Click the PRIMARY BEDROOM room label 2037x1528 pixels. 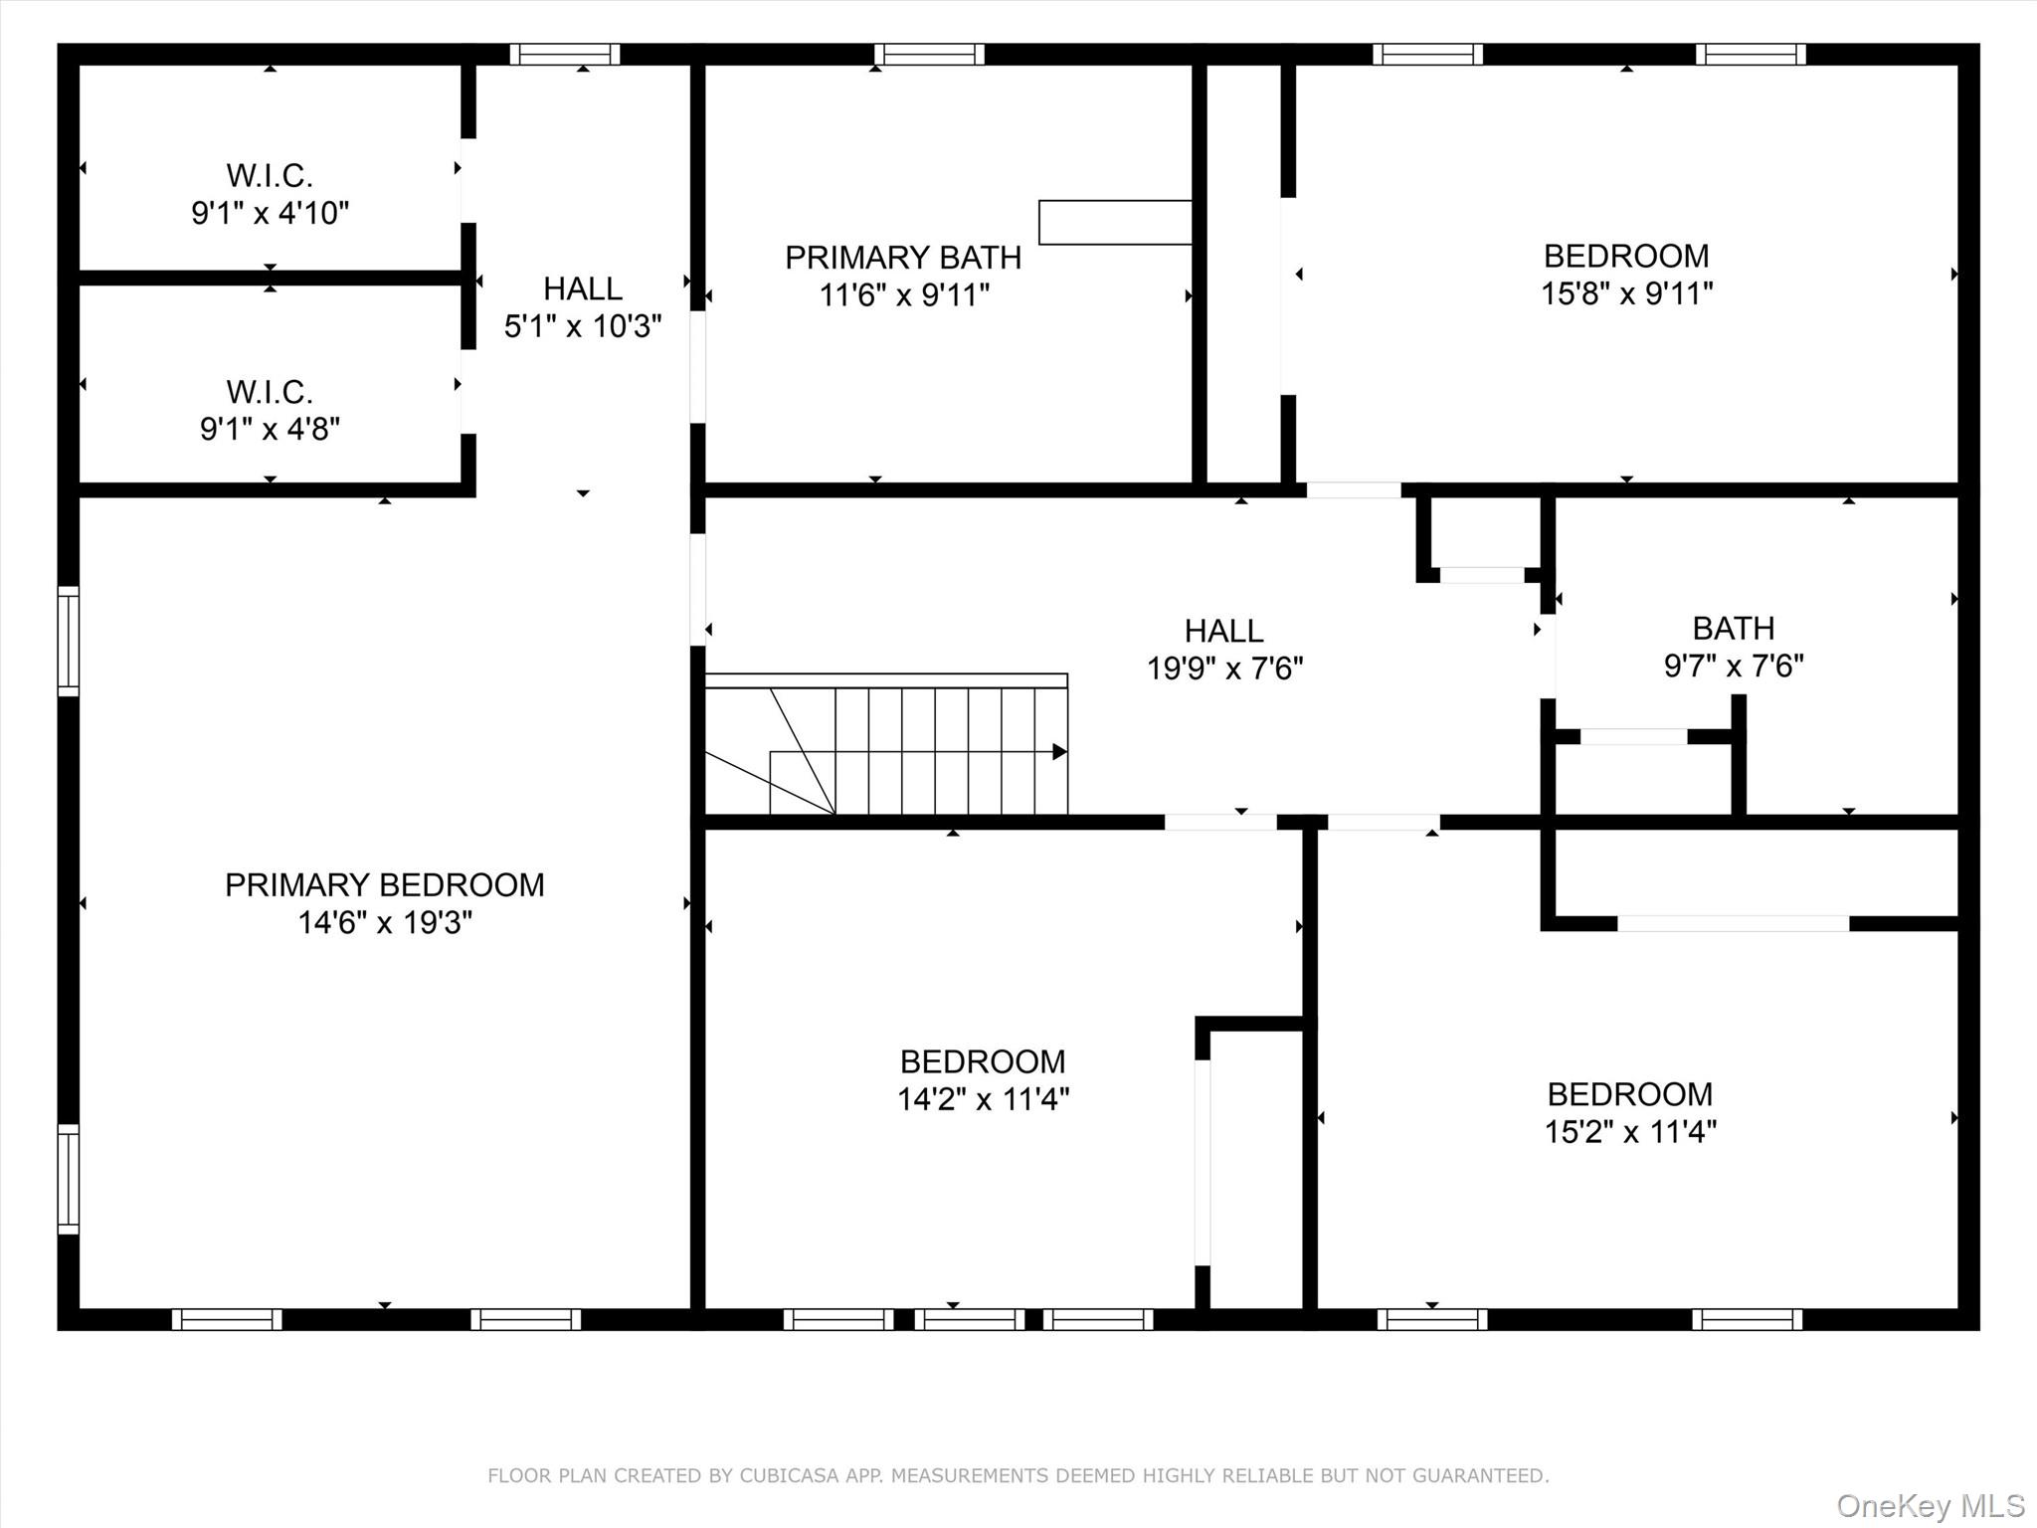tap(384, 884)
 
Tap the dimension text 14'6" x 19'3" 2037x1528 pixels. tap(384, 923)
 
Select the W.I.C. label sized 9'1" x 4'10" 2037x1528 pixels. tap(270, 176)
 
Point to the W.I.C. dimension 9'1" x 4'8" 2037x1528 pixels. tap(270, 429)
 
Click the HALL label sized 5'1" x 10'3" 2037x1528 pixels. tap(582, 288)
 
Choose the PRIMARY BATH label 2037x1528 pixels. tap(902, 258)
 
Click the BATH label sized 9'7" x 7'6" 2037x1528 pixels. tap(1733, 629)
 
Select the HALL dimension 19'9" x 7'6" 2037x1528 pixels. tap(1223, 668)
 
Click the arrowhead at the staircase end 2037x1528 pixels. tap(1059, 752)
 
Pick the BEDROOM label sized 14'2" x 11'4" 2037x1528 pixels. tap(982, 1061)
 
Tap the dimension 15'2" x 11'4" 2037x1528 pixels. tap(1629, 1132)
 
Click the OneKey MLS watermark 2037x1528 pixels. tap(1930, 1505)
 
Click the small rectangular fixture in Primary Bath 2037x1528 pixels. tap(1115, 222)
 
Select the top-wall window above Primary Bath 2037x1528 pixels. tap(929, 55)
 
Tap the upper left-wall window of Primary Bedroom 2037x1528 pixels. tap(68, 641)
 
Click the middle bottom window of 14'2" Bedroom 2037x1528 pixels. tap(969, 1319)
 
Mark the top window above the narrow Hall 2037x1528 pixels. tap(565, 55)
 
